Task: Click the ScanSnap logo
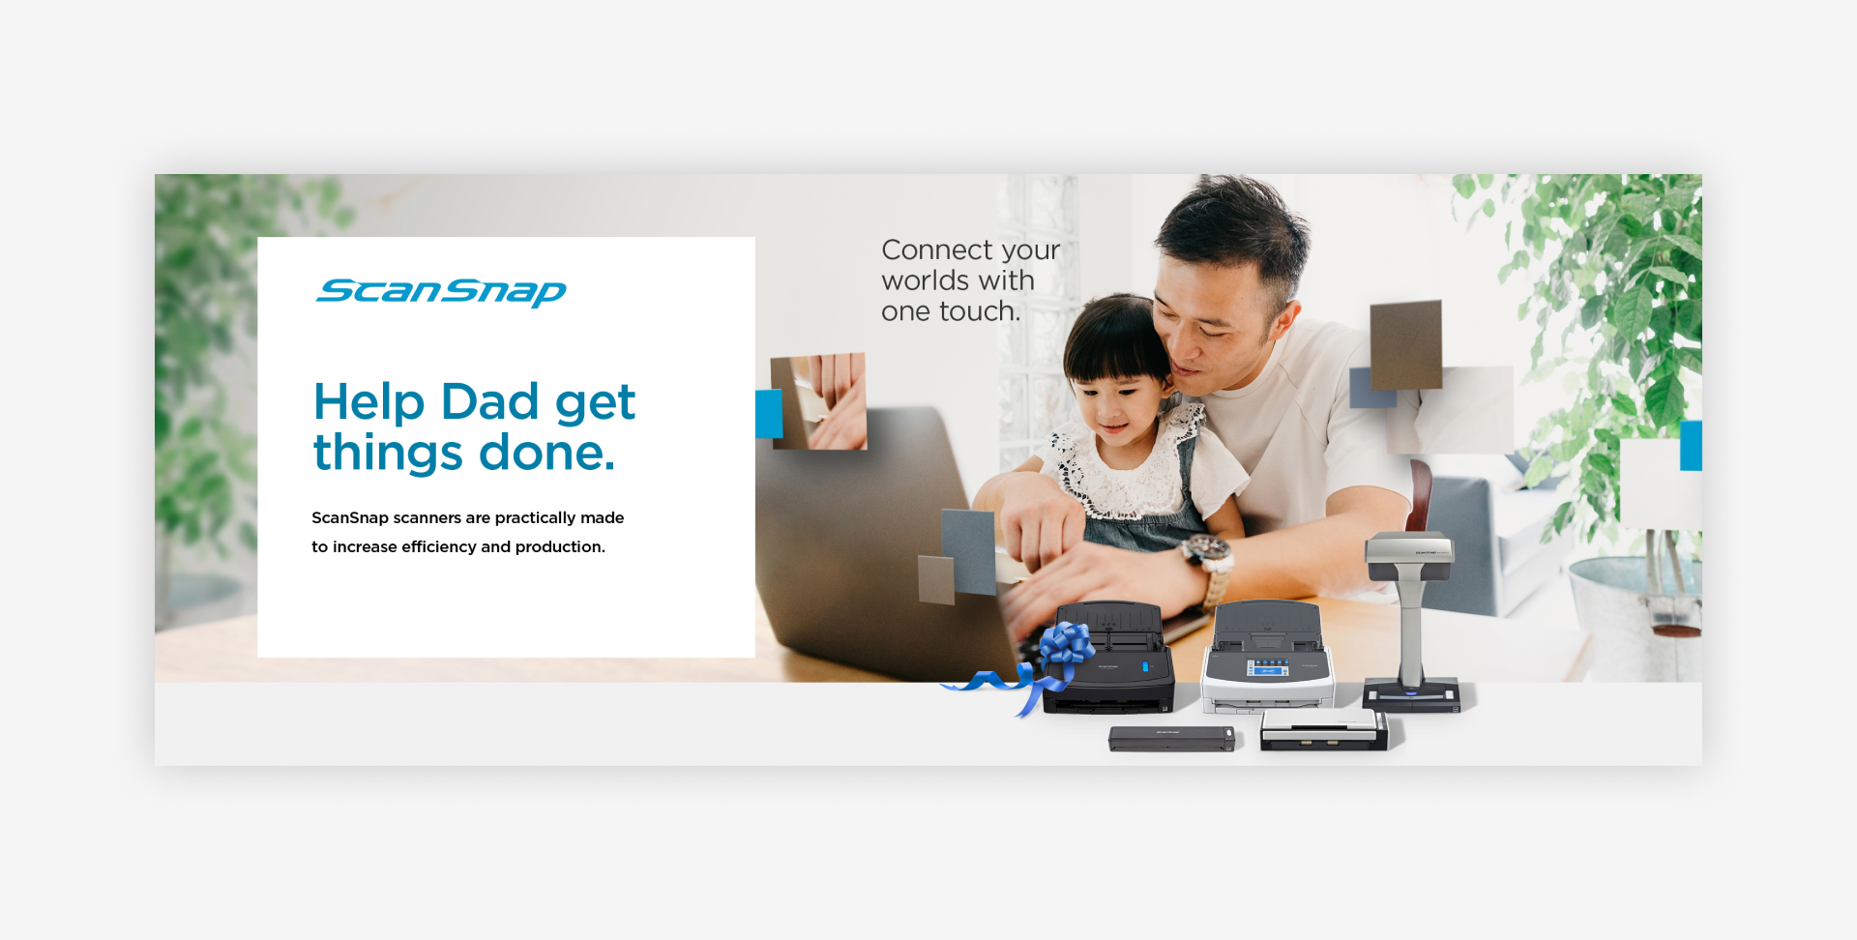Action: (441, 291)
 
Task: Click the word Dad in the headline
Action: (489, 401)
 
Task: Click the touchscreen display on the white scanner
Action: (1267, 668)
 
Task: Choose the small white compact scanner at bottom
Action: (1324, 729)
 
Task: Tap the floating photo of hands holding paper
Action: (818, 401)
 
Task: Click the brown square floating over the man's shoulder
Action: (1406, 345)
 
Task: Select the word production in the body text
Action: (560, 546)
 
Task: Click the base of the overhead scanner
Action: (1411, 694)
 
